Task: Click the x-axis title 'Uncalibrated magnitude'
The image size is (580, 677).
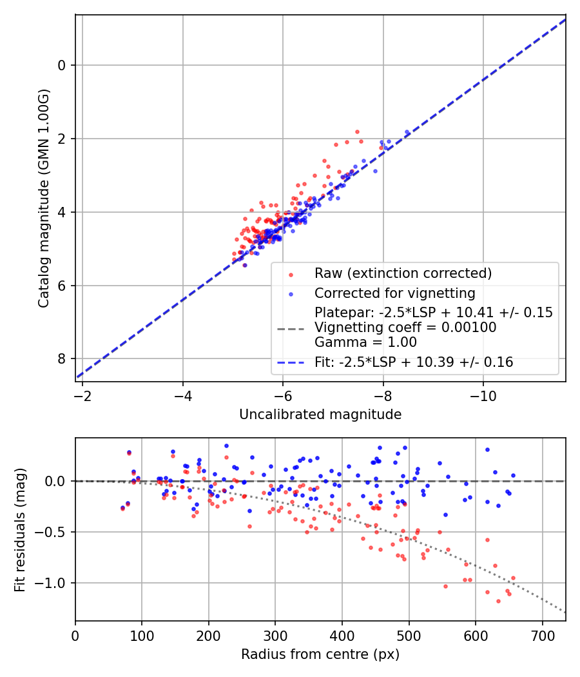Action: [x=320, y=415]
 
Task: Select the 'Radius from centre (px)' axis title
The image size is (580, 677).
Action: [x=320, y=654]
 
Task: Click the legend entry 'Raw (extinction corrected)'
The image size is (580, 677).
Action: [x=403, y=273]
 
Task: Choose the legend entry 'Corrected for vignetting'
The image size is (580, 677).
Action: [x=394, y=293]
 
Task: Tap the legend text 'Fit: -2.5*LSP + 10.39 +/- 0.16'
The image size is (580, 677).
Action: [x=414, y=362]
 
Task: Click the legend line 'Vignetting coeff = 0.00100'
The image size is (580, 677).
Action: [x=405, y=328]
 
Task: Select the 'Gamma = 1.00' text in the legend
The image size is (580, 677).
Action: [x=365, y=342]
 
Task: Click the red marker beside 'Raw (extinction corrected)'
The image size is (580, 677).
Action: [x=291, y=273]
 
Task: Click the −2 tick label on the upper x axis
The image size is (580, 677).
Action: [x=82, y=395]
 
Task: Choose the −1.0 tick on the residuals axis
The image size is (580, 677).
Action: [x=55, y=583]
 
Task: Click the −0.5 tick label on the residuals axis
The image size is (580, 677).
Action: [x=55, y=532]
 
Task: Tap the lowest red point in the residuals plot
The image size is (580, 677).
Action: [x=498, y=601]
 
